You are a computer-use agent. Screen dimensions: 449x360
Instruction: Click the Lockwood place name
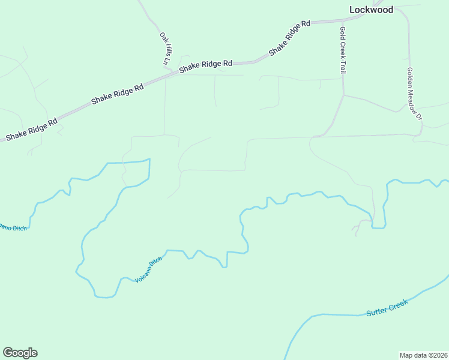(x=372, y=10)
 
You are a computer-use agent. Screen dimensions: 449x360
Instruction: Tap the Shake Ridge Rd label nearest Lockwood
(x=289, y=38)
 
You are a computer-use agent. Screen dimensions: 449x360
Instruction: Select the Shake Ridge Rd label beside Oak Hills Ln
(x=205, y=66)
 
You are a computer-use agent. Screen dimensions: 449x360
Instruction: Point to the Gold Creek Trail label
(x=343, y=50)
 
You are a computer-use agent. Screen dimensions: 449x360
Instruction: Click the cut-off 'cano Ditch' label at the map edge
(x=13, y=227)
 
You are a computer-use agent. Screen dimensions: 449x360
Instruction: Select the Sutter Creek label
(x=387, y=307)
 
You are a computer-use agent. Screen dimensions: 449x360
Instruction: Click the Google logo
(x=20, y=353)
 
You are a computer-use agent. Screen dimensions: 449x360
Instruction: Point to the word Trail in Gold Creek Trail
(x=343, y=65)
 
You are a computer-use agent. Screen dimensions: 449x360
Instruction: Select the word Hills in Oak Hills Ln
(x=164, y=48)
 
